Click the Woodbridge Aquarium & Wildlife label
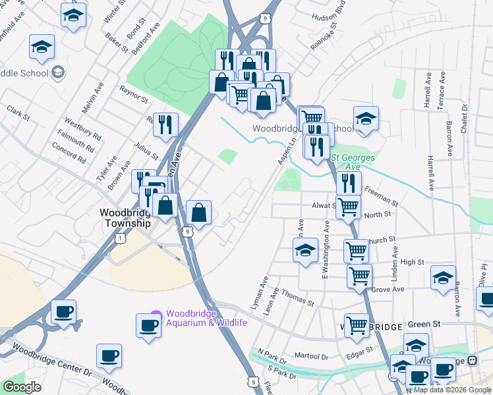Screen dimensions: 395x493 206,317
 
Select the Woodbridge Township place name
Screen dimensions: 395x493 125,217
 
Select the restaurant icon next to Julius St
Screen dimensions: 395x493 165,124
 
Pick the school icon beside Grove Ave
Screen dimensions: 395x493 443,277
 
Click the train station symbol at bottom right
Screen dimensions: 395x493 472,360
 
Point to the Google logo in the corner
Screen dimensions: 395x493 22,387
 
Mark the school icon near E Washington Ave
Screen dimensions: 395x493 305,251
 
